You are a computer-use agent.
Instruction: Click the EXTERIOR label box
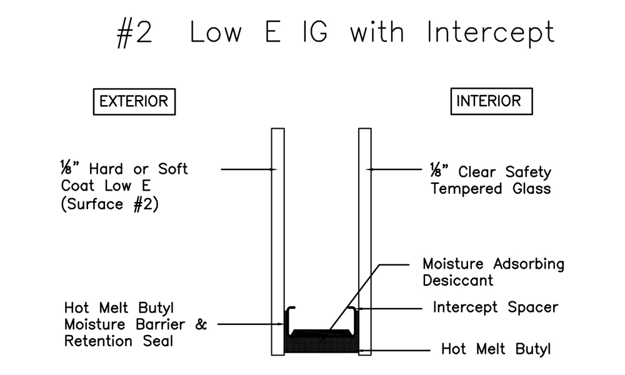(x=134, y=101)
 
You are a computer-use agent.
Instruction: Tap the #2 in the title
(x=134, y=33)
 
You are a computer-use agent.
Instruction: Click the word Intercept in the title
(x=491, y=32)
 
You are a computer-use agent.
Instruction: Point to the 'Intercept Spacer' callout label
(x=495, y=307)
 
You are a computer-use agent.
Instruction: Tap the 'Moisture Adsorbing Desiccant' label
(x=493, y=271)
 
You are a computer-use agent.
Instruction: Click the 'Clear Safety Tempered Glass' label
(x=491, y=180)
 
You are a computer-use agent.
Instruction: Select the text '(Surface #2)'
(x=110, y=204)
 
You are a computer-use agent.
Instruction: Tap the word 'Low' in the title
(x=216, y=32)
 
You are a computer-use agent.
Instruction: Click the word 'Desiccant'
(x=457, y=280)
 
